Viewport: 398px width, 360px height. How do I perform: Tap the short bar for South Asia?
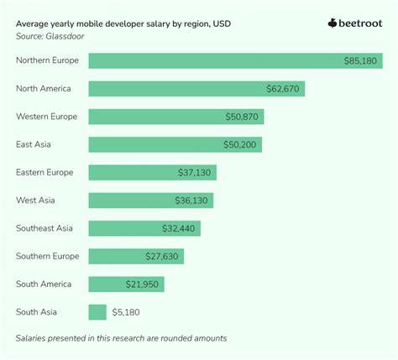click(x=97, y=312)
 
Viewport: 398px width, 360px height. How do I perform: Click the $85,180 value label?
click(x=361, y=60)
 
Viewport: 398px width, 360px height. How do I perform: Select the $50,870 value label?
click(x=243, y=117)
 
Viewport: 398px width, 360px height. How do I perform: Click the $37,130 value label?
click(x=196, y=172)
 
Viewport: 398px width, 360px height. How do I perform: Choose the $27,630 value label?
click(x=163, y=256)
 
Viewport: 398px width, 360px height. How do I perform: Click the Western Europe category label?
click(x=48, y=117)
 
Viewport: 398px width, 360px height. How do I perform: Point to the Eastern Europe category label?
click(x=45, y=172)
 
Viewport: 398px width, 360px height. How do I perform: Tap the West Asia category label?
click(x=36, y=200)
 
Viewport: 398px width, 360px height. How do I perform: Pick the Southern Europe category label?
click(x=48, y=256)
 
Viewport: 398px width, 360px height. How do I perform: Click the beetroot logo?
click(x=354, y=23)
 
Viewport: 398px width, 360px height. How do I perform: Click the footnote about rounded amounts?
click(x=121, y=338)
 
